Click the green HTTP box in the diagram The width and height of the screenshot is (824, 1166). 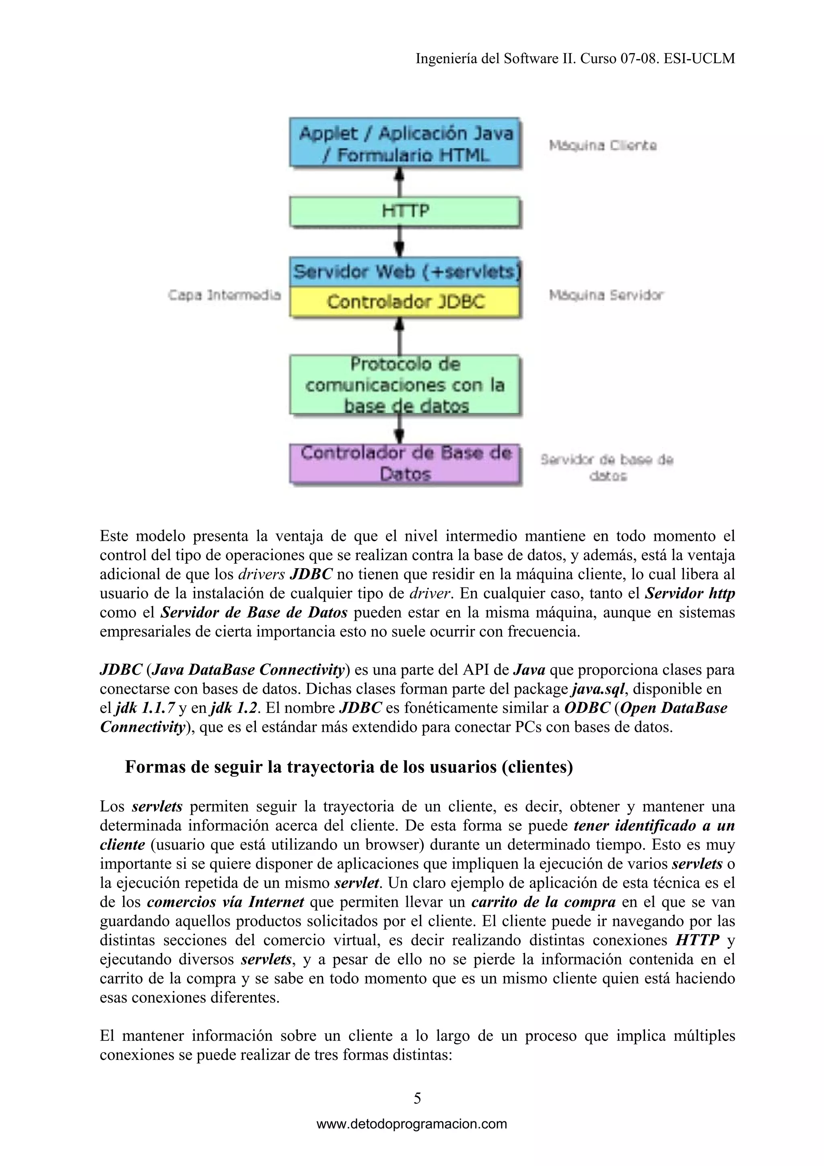405,211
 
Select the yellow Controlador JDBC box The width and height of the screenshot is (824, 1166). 405,302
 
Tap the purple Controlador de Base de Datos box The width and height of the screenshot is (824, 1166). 405,463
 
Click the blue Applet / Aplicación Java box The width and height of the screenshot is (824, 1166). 405,143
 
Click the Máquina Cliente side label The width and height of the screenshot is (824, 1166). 603,146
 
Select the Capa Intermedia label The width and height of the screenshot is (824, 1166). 225,295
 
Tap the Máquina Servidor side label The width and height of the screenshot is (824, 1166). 606,295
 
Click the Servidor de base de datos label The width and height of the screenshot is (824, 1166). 607,467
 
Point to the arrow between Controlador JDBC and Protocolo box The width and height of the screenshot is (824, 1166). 400,336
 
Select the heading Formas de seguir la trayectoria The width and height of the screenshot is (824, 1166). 349,766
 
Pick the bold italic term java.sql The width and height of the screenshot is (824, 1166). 598,689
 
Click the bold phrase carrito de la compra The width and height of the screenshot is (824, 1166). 543,902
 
